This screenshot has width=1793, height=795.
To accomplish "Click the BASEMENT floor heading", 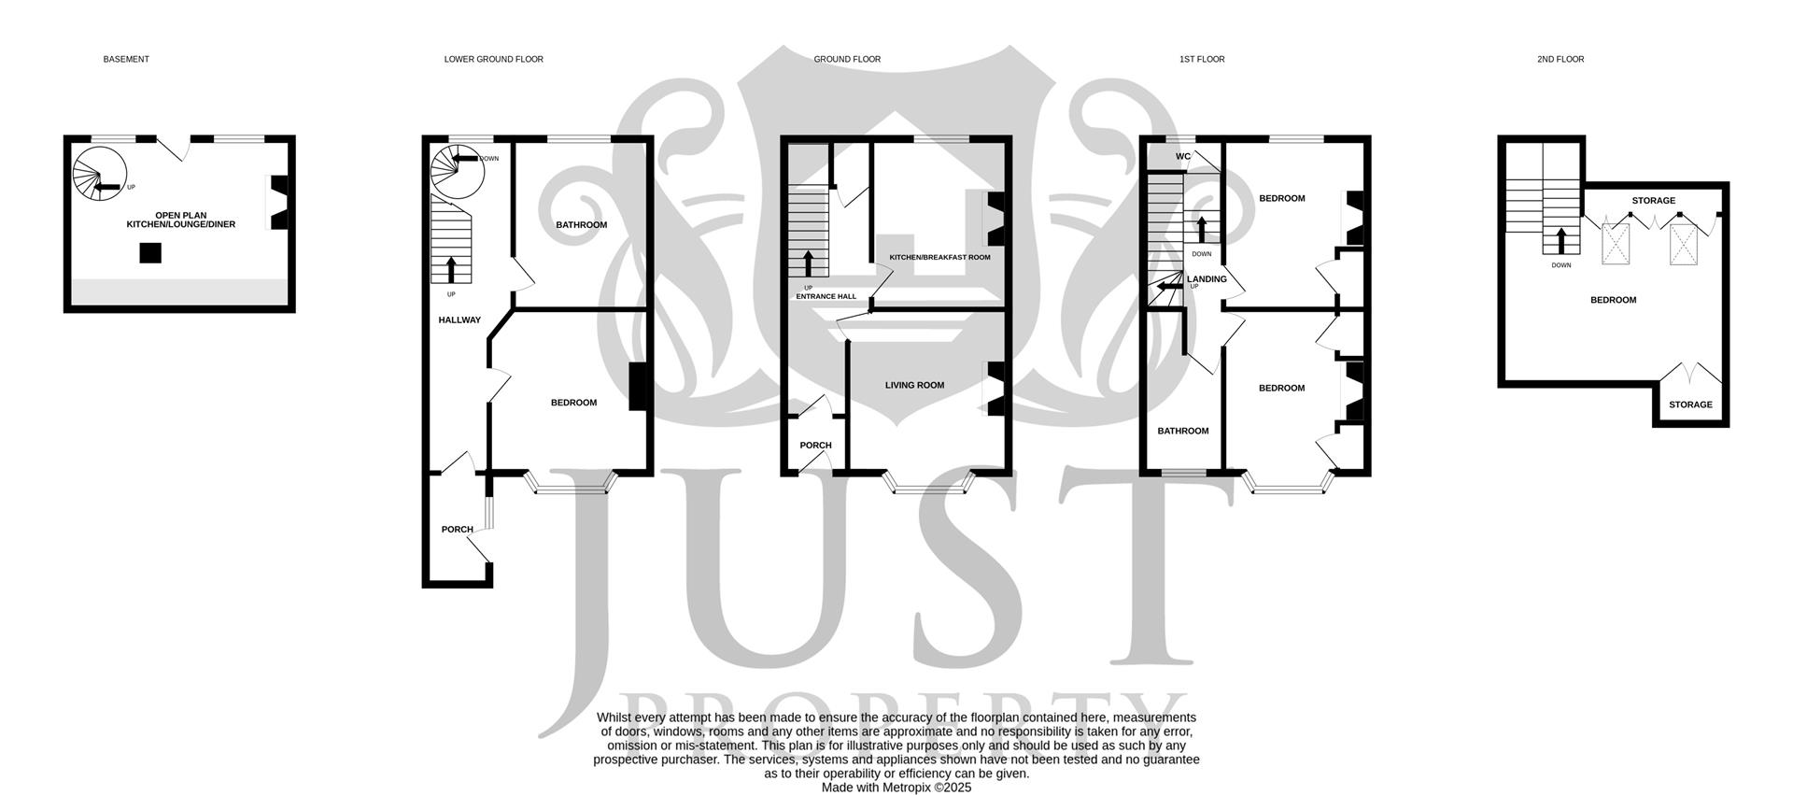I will pos(126,59).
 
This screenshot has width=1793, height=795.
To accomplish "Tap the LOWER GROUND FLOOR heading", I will pos(493,59).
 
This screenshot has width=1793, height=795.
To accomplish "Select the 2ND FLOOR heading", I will pos(1560,59).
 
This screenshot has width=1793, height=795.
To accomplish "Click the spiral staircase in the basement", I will pos(99,176).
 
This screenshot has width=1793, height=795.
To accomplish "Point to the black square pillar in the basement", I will pos(150,252).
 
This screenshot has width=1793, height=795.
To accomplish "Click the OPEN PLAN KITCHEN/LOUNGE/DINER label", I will pos(181,220).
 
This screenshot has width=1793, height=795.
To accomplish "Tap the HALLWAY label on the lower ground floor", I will pos(459,319).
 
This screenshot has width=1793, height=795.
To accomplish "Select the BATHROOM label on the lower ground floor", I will pos(581,224).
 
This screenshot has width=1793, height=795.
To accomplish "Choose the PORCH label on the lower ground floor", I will pos(457,529).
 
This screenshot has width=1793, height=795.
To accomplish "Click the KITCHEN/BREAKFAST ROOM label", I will pos(939,257).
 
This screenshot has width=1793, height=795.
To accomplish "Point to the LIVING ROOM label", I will pos(914,385).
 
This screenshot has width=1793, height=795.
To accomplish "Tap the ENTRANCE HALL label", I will pos(826,296).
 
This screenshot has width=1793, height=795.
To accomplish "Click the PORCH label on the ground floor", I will pos(815,445).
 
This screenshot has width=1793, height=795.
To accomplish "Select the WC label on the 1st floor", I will pos(1182,156).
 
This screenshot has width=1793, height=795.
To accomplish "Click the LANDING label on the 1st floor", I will pos(1207,278).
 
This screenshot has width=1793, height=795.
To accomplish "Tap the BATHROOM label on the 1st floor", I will pos(1182,431).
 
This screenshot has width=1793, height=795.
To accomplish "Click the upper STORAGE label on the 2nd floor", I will pos(1653,200).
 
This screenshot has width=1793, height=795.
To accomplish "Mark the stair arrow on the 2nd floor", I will pos(1560,240).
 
